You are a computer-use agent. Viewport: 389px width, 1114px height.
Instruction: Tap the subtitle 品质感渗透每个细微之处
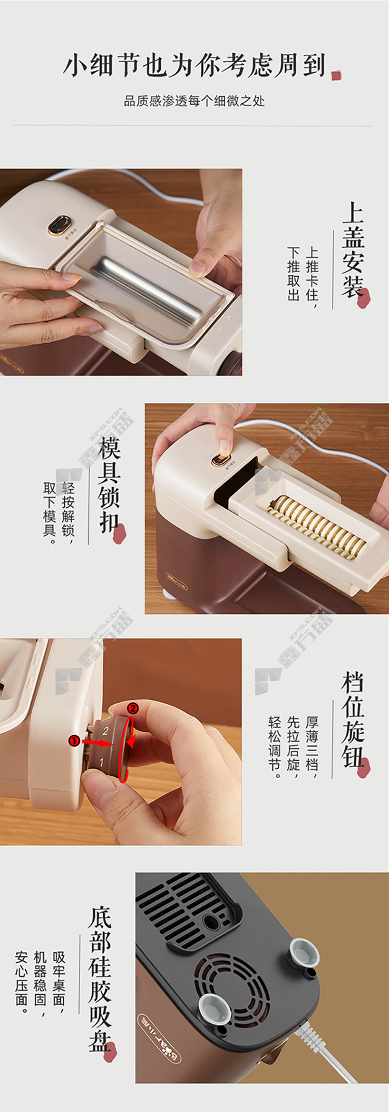[x=195, y=101]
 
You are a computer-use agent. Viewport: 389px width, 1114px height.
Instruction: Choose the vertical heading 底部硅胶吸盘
[x=100, y=979]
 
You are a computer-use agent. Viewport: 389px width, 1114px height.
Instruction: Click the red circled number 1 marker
[x=75, y=741]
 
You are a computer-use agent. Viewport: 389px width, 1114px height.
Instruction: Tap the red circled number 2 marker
[x=133, y=708]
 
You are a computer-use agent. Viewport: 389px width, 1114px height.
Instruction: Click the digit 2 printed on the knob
[x=105, y=731]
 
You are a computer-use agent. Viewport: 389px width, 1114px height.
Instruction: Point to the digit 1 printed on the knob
[x=102, y=762]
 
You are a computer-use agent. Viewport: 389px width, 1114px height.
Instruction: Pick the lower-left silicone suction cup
[x=214, y=1008]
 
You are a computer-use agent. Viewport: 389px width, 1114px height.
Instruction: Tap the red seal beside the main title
[x=336, y=76]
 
